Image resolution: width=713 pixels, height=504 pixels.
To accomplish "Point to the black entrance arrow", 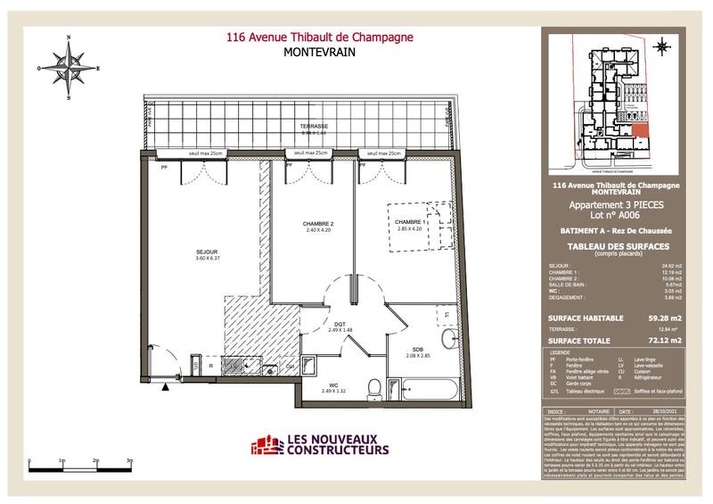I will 166,386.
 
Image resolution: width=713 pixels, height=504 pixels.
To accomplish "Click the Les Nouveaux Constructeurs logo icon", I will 264,443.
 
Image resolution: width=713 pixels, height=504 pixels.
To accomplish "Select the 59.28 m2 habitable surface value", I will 664,317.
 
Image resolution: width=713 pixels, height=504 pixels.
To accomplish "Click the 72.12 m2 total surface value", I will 664,339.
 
